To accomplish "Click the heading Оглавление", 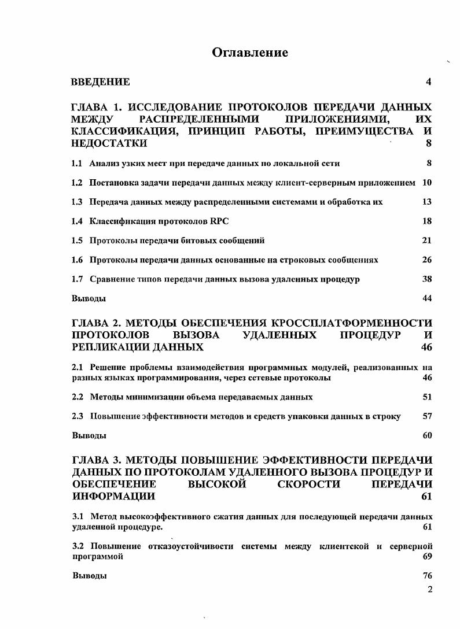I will (x=250, y=53).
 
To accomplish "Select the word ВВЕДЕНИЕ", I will (x=100, y=82).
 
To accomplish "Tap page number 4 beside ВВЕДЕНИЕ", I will (x=428, y=82).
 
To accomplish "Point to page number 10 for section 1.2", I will (x=427, y=183).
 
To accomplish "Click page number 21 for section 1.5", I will (x=427, y=240).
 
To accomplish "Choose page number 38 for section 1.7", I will (x=427, y=279).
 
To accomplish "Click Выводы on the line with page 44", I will (x=89, y=299).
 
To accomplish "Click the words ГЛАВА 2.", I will (x=95, y=323).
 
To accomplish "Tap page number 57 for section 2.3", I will (x=427, y=416).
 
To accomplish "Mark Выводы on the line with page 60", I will (x=89, y=436).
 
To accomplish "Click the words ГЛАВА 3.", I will (x=95, y=460).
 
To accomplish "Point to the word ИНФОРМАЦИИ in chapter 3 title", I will (x=113, y=496).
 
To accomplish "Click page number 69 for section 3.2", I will (x=427, y=557).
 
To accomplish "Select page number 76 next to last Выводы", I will (x=427, y=576).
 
